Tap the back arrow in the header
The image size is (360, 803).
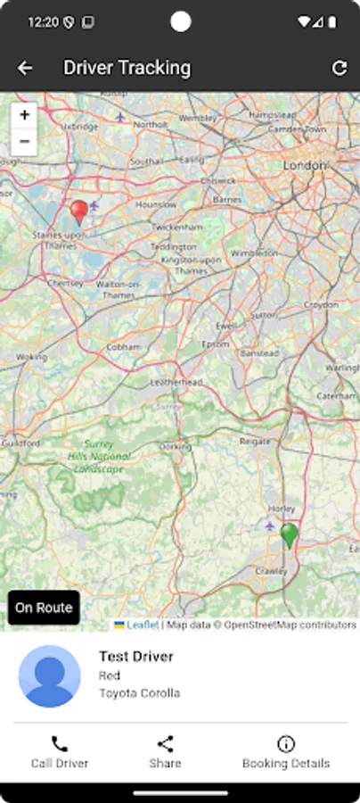point(25,68)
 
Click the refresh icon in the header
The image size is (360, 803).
point(339,68)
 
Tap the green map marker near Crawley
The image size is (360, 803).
point(289,535)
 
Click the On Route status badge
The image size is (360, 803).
point(44,608)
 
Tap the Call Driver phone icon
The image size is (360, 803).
point(60,743)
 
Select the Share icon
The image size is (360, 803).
point(165,743)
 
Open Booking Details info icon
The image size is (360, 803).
point(286,743)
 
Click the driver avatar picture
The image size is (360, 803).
point(50,675)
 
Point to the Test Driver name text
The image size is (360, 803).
point(136,657)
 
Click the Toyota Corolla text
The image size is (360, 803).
point(139,692)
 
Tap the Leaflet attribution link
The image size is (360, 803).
point(142,625)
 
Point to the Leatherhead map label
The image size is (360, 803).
point(176,381)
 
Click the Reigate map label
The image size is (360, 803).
point(255,442)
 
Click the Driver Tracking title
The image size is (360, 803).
point(127,68)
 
